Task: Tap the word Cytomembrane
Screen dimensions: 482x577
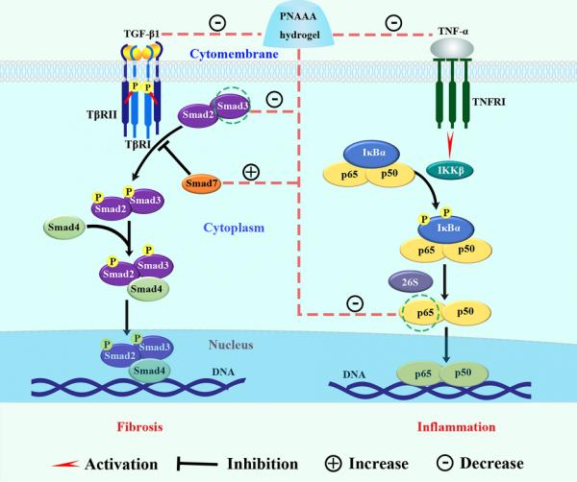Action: tap(228, 56)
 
